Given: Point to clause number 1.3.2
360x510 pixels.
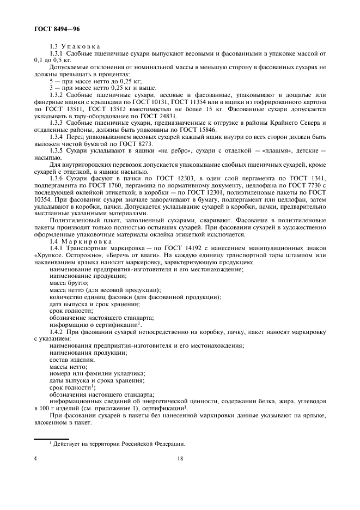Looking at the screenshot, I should point(58,95).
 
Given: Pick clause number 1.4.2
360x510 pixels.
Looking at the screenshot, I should point(58,332).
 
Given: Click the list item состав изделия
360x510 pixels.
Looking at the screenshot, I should point(72,360).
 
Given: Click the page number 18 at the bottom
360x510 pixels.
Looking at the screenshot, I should point(180,458).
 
